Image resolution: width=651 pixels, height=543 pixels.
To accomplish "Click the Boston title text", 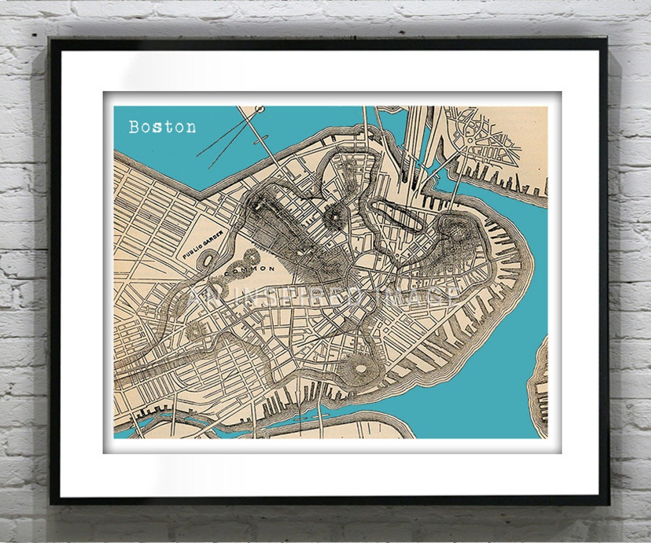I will (162, 127).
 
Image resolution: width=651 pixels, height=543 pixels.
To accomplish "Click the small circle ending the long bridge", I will (260, 109).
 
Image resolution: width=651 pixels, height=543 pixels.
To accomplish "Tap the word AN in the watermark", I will (201, 296).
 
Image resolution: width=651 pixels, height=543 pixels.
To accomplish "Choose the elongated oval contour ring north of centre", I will (396, 215).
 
